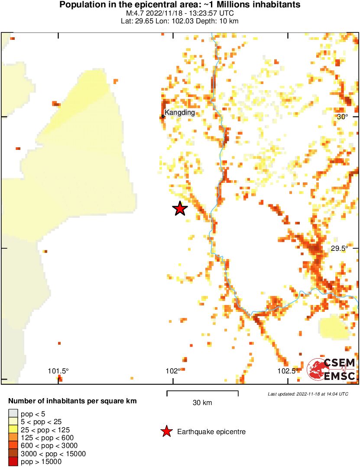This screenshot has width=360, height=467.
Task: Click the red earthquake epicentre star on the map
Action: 180,209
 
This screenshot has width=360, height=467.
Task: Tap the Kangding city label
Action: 180,113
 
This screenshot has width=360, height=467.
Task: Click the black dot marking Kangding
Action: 163,116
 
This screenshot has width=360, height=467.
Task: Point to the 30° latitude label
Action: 342,117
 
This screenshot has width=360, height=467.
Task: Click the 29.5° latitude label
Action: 340,248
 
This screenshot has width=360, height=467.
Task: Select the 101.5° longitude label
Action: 58,371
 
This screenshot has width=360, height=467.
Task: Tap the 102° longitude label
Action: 173,371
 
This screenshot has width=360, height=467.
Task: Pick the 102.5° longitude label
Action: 288,371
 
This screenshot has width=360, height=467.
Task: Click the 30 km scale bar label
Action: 202,403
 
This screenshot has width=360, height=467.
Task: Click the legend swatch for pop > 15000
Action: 13,462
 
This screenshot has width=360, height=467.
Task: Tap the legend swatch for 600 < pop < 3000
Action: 13,446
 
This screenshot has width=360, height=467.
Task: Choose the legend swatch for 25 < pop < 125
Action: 13,430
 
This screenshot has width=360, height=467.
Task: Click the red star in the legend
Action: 166,431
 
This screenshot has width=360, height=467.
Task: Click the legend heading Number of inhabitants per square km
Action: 72,401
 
